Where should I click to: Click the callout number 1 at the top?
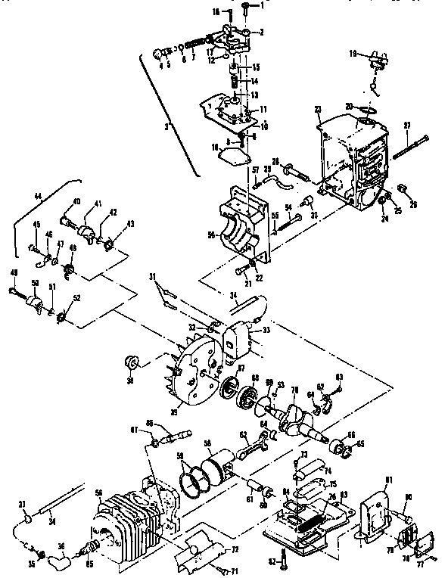263,5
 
